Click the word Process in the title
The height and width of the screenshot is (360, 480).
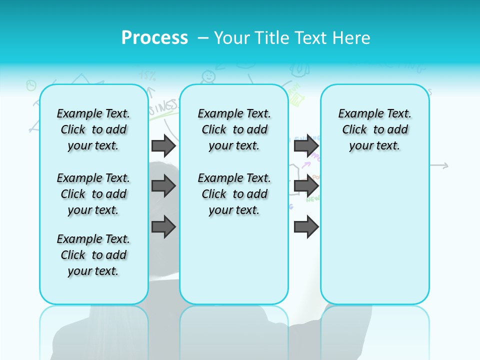[154, 38]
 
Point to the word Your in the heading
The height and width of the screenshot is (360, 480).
[232, 38]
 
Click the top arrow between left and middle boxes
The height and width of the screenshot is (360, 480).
[163, 145]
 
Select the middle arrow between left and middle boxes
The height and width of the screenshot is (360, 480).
[163, 186]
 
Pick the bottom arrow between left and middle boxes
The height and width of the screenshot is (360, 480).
[163, 226]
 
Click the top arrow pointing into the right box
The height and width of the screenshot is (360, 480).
[306, 145]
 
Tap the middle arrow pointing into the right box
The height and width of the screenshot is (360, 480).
[306, 186]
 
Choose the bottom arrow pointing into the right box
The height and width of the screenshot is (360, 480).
[306, 226]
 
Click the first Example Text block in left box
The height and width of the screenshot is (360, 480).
[93, 129]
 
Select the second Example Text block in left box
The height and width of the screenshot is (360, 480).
[93, 194]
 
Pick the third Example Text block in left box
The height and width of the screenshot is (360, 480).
[93, 255]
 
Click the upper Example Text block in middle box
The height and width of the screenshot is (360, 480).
[234, 129]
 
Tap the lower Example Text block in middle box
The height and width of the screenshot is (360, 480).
[234, 194]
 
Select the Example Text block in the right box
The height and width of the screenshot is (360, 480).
[374, 129]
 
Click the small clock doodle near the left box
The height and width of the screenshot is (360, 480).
[31, 84]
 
